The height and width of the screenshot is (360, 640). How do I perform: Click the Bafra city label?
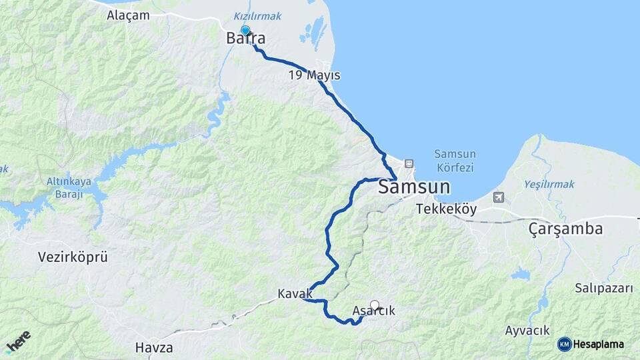tap(245, 39)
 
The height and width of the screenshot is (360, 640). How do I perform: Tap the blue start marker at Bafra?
tap(245, 31)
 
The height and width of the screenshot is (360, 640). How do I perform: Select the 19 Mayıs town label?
tap(314, 75)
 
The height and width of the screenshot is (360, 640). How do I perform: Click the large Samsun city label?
tap(414, 187)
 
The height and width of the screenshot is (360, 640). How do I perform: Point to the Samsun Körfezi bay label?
tap(454, 161)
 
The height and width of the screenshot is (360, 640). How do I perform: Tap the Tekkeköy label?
tap(446, 209)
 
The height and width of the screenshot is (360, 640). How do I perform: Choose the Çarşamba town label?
tap(565, 229)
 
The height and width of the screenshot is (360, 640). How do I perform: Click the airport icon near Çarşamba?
tap(499, 197)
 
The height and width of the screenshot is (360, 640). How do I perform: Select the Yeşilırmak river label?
tap(549, 184)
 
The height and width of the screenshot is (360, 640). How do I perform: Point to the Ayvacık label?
tap(527, 330)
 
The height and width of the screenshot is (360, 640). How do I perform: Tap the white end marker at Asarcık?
tap(375, 305)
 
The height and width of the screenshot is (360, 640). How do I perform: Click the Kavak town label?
tap(295, 293)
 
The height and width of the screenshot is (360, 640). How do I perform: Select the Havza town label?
tap(154, 347)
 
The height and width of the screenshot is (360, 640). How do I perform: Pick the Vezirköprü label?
tap(73, 257)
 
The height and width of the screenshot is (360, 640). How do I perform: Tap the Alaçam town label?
tap(128, 15)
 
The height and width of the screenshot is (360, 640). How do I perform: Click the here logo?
tap(18, 342)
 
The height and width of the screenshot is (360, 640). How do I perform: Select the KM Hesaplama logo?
tap(591, 344)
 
